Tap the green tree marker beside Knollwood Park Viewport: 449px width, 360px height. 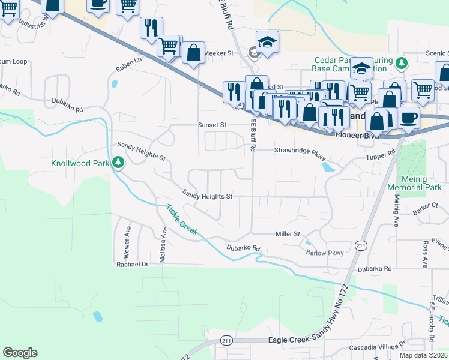point(119,162)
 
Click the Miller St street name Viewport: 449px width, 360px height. point(287,233)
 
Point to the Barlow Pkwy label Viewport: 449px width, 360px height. point(325,253)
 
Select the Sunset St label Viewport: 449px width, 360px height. point(212,125)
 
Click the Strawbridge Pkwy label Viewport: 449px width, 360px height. point(300,151)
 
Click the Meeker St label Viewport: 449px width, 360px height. point(218,53)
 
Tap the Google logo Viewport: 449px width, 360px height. point(20,352)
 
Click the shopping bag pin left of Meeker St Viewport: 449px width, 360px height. point(194,53)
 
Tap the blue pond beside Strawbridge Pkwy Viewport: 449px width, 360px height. point(329,167)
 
